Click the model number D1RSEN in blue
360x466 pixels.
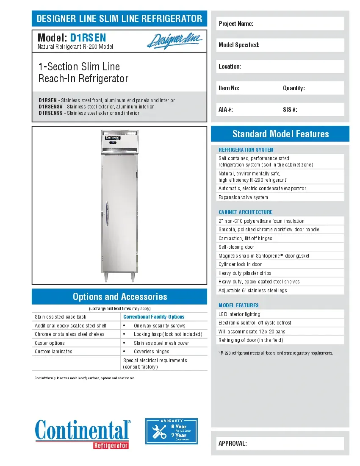point(88,38)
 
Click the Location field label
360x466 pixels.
point(230,67)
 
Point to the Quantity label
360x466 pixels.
point(294,88)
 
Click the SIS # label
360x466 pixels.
point(290,110)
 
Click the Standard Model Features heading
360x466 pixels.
point(280,134)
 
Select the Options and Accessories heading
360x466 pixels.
point(119,297)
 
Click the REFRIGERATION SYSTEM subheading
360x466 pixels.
point(246,150)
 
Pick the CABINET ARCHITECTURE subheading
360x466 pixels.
point(245,212)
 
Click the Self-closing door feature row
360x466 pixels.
point(236,247)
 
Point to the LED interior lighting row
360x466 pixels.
point(239,314)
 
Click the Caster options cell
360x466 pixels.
point(50,343)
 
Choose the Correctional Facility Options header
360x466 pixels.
point(154,317)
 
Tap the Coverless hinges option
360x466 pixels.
point(151,352)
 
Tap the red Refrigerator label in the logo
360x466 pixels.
point(111,445)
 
